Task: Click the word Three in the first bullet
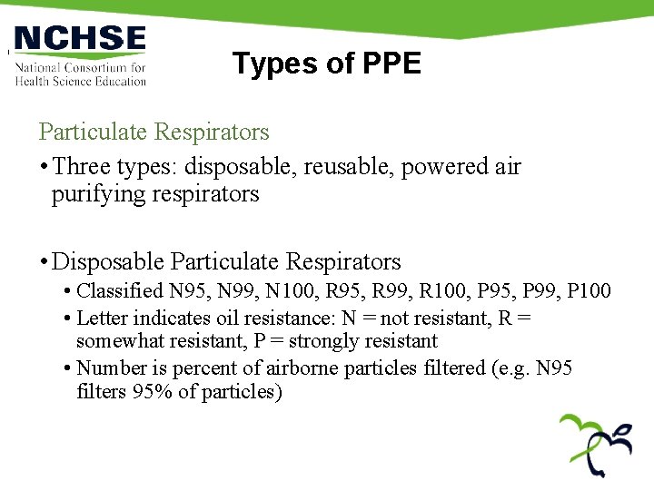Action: [82, 167]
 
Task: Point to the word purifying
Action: [97, 193]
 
